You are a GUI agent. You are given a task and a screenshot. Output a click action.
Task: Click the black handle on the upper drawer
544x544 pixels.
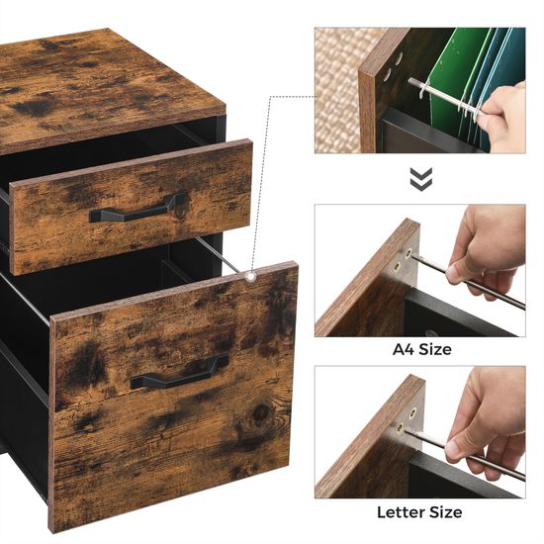[138, 210]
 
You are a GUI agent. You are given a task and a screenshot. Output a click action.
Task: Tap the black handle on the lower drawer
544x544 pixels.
[179, 373]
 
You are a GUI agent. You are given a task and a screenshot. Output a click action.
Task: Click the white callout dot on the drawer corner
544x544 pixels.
[252, 278]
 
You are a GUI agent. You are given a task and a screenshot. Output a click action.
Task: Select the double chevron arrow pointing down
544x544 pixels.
[421, 178]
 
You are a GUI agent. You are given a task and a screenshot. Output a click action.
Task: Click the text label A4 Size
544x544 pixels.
[420, 349]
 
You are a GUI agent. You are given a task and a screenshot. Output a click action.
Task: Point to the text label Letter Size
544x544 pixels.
[419, 512]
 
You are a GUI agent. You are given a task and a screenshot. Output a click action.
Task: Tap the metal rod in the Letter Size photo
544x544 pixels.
[465, 448]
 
